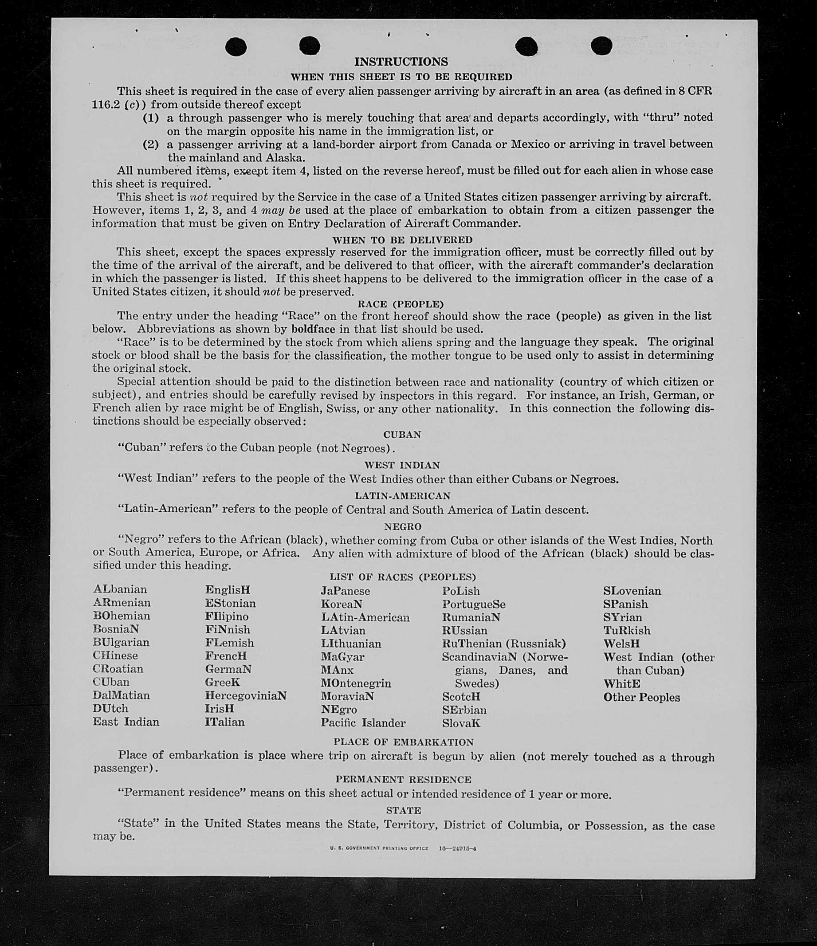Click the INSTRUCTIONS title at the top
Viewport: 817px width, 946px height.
pos(401,62)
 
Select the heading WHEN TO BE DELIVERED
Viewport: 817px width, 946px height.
pos(402,239)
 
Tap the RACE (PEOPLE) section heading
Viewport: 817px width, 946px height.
pos(401,304)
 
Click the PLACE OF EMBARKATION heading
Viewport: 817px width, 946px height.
pos(403,742)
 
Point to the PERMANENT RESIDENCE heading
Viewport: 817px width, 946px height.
pos(403,779)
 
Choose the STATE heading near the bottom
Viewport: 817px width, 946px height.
pos(403,810)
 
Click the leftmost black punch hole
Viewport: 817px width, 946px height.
pos(236,47)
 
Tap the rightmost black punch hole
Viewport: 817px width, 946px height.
pos(601,46)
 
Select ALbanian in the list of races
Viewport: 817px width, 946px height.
pos(120,589)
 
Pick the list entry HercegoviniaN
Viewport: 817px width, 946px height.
pos(246,695)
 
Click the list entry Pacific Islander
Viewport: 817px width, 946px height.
pos(363,722)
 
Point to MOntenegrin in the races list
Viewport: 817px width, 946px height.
pos(356,683)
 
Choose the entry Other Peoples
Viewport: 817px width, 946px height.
pos(642,697)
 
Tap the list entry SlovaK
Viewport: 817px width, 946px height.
pos(461,723)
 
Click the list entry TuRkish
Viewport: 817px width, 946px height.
pos(627,630)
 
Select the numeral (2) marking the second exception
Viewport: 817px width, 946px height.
pos(151,145)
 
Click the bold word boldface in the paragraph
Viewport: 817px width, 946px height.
pos(313,329)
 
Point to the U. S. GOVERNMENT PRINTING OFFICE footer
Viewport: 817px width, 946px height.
pos(379,848)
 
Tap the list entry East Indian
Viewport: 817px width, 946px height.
pos(126,722)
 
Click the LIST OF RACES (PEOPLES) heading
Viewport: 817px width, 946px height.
pos(403,577)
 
